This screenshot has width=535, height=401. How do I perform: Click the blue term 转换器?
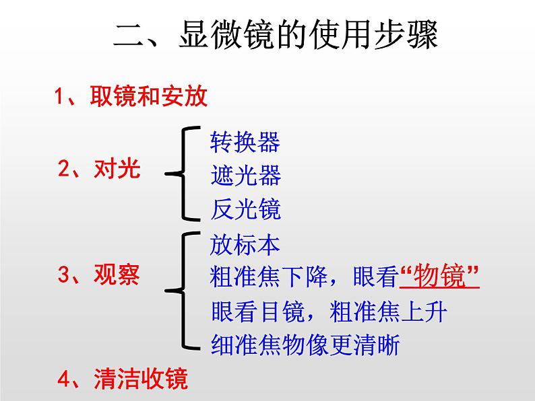[245, 142]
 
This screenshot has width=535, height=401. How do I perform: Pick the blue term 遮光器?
[245, 176]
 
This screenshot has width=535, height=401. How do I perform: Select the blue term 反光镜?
[245, 210]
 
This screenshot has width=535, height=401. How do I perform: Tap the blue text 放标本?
[245, 245]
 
